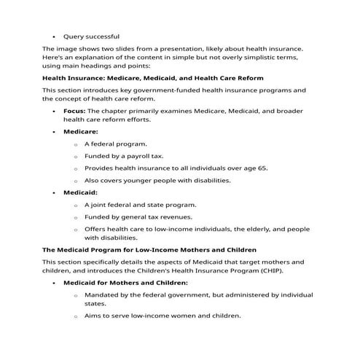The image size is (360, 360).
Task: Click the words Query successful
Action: (92, 36)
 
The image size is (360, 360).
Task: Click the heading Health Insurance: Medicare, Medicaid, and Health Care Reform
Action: (153, 77)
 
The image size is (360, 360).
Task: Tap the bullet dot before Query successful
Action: (55, 36)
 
